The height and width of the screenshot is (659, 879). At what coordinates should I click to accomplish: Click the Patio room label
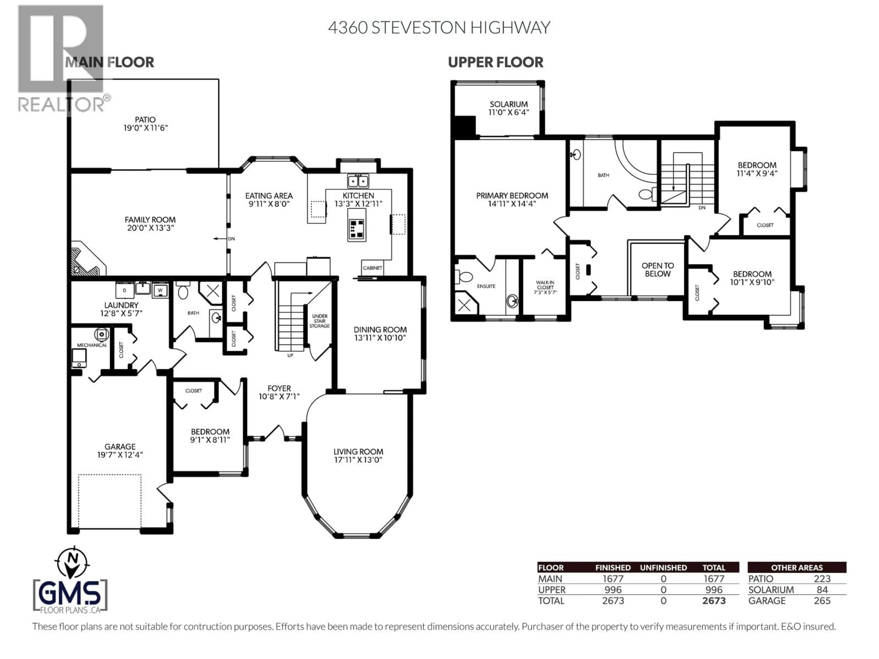[x=145, y=120]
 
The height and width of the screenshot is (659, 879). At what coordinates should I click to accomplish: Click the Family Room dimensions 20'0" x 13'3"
[x=150, y=228]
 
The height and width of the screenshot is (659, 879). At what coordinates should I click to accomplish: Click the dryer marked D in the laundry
[x=124, y=290]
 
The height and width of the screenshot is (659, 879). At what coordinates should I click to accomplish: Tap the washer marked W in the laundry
[x=160, y=290]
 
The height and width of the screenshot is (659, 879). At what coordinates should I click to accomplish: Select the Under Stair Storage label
[x=320, y=321]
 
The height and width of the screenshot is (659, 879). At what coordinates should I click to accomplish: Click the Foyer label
[x=279, y=388]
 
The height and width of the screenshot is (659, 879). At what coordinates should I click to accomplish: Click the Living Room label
[x=358, y=452]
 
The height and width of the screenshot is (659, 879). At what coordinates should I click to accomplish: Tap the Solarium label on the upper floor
[x=508, y=104]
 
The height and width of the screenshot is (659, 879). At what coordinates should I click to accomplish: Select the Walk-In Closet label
[x=545, y=285]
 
